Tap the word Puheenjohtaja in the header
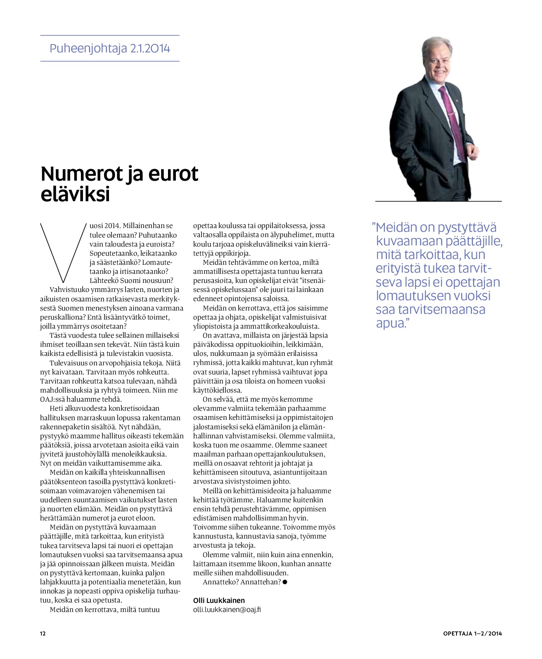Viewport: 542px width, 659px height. pos(88,49)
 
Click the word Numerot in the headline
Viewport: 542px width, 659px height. pos(78,174)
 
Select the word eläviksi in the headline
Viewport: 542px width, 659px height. pos(75,194)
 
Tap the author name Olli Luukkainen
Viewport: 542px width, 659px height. pos(219,600)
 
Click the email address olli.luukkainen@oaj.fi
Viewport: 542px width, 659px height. pos(227,610)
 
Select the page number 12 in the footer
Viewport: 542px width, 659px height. pos(43,634)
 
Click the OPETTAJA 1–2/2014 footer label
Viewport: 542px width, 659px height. pos(472,634)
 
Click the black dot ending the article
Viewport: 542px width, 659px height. pos(285,582)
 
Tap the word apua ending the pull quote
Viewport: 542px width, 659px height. pos(390,323)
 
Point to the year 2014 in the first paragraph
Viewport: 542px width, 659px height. pos(111,226)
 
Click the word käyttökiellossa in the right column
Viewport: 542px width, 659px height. pos(218,390)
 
